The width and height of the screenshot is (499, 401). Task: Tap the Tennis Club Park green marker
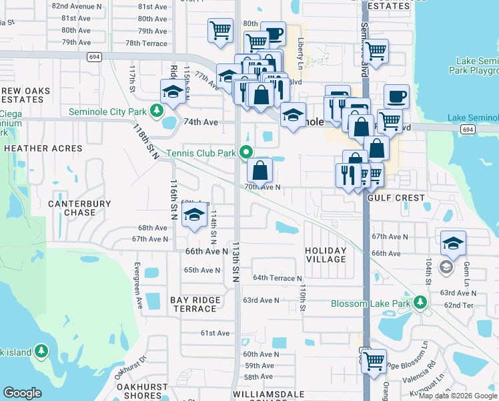point(246,153)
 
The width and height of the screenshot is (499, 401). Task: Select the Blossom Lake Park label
point(370,303)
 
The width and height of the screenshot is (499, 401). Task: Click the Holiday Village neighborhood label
point(326,255)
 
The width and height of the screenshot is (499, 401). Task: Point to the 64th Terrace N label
point(278,278)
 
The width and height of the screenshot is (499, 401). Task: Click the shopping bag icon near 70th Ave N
point(261,170)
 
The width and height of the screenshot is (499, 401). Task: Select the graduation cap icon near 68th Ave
point(194,215)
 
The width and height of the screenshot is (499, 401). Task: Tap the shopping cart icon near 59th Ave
point(374,360)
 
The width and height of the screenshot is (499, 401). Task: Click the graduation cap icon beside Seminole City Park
point(173,92)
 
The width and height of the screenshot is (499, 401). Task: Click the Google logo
point(22,393)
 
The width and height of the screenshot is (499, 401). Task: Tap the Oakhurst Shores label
point(141,390)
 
